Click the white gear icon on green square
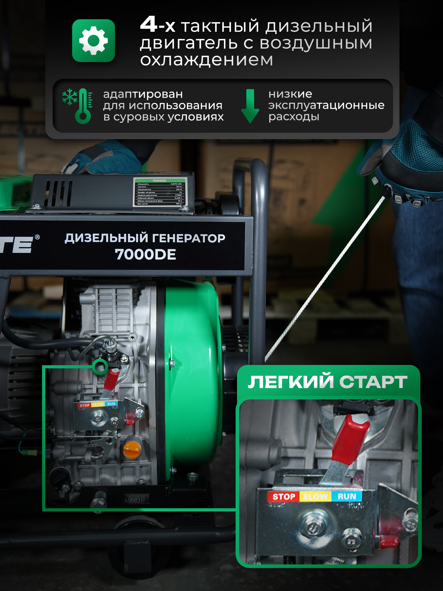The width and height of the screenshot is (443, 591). click(94, 41)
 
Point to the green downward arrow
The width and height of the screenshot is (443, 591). click(250, 106)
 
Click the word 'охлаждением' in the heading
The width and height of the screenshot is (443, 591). click(206, 60)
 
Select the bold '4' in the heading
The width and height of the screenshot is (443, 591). click(148, 25)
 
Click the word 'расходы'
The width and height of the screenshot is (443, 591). click(294, 117)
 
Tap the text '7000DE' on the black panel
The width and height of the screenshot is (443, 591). click(145, 254)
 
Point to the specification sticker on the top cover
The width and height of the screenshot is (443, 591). click(160, 192)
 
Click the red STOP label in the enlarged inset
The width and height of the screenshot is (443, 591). click(284, 497)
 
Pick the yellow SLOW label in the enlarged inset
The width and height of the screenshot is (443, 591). click(315, 497)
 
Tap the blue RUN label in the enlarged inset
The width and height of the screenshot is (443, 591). click(347, 496)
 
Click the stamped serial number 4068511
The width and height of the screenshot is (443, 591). click(135, 499)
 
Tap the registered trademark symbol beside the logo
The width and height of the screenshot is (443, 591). click(37, 237)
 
